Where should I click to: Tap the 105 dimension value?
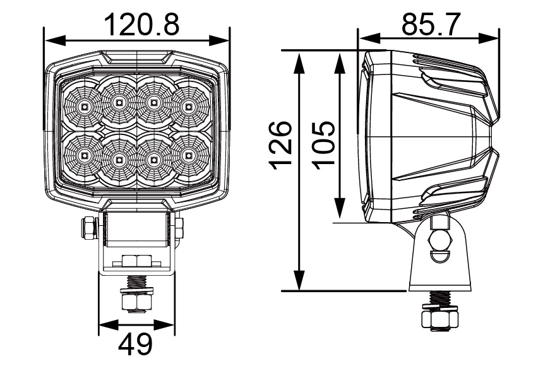pos(324,144)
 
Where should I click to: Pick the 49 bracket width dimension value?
pos(136,345)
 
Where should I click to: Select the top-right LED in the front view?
pos(187,106)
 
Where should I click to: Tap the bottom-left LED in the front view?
pos(84,155)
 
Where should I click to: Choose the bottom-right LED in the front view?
pos(187,155)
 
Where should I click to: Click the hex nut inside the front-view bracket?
pos(136,261)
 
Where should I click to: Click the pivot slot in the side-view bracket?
pos(439,240)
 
